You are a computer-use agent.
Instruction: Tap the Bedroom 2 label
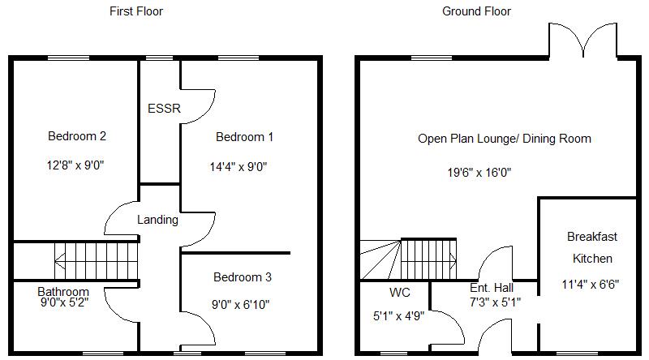tap(77, 136)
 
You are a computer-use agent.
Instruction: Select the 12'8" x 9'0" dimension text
tap(76, 165)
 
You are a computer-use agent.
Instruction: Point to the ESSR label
tap(164, 109)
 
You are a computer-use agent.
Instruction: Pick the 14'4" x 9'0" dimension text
tap(239, 166)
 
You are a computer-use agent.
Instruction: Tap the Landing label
tap(157, 220)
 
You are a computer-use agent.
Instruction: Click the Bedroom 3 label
tap(242, 277)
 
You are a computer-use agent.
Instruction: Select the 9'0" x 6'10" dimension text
tap(241, 306)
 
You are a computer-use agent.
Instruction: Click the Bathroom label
tap(63, 291)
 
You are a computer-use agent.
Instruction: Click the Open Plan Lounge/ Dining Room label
tap(504, 139)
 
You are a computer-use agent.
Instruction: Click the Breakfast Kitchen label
tap(592, 247)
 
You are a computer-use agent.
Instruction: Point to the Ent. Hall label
tap(492, 288)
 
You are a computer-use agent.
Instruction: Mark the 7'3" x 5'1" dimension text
tap(495, 302)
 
